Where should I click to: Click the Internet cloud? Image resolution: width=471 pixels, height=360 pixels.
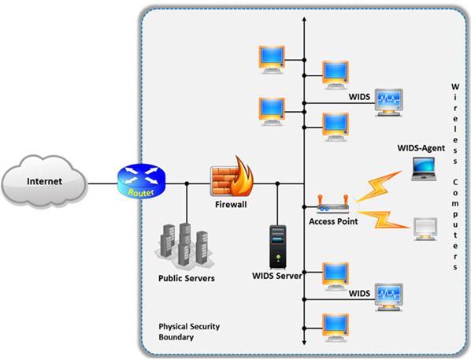(44, 181)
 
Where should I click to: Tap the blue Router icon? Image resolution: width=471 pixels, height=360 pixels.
(141, 180)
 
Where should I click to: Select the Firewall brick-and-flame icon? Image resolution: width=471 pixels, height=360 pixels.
(232, 177)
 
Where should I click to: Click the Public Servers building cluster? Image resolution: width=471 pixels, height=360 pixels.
(185, 245)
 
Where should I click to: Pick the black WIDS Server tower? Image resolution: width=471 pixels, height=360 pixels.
(278, 247)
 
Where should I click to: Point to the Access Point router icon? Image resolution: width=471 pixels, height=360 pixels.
(333, 204)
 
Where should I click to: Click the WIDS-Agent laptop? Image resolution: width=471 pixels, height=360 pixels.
(424, 169)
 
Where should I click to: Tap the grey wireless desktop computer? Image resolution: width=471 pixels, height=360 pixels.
(425, 229)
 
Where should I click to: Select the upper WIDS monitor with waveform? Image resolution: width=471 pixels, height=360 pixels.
(389, 102)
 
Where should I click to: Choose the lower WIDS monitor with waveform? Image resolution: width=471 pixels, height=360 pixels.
(389, 297)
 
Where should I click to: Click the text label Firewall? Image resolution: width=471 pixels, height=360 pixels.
(231, 205)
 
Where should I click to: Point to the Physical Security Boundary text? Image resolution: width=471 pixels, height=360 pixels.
(189, 332)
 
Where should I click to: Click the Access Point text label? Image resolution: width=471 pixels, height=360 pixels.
(333, 221)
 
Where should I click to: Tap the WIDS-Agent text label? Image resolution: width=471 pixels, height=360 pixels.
(421, 148)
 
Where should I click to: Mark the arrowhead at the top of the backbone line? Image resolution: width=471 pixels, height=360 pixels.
(304, 19)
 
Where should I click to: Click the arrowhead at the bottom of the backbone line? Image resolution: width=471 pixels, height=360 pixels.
(304, 343)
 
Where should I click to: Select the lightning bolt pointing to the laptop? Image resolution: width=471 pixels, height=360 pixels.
(379, 187)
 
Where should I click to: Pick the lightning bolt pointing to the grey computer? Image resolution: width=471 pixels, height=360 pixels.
(383, 220)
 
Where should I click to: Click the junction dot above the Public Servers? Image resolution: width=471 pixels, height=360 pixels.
(187, 184)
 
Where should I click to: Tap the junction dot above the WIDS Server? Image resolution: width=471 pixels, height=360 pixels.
(277, 184)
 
